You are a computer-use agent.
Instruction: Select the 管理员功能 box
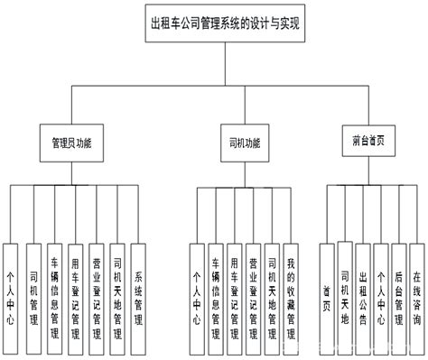point(71,142)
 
